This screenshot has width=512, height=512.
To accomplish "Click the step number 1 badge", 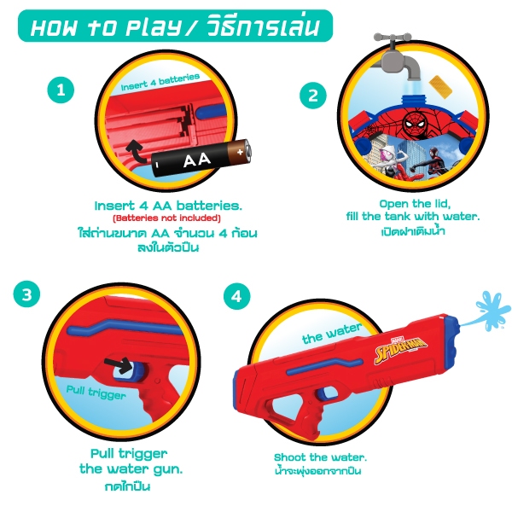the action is [x=61, y=90].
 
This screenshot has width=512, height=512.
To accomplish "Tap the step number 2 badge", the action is [x=313, y=96].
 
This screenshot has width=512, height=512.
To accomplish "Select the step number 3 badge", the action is [x=26, y=294].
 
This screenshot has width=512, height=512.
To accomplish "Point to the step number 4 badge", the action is [x=236, y=296].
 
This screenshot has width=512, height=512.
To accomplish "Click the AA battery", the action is [x=201, y=159].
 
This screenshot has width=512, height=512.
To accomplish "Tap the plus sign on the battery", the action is [x=240, y=152].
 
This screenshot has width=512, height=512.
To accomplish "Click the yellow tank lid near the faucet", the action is [x=439, y=84].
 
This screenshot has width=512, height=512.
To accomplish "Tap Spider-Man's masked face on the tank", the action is [x=415, y=124].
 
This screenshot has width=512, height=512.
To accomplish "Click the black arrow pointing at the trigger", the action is [x=118, y=365].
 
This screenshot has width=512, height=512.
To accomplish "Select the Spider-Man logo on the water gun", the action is [x=401, y=348].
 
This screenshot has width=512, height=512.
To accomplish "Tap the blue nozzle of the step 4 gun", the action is [x=451, y=337].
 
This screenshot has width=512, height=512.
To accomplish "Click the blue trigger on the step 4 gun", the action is [x=324, y=393].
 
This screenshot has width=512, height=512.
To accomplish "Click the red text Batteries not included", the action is [x=167, y=218].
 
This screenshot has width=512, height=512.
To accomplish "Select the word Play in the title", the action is [x=153, y=27].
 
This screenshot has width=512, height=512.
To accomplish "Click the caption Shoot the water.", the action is [x=320, y=457].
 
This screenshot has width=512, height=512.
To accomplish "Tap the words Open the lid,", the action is [x=415, y=204].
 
